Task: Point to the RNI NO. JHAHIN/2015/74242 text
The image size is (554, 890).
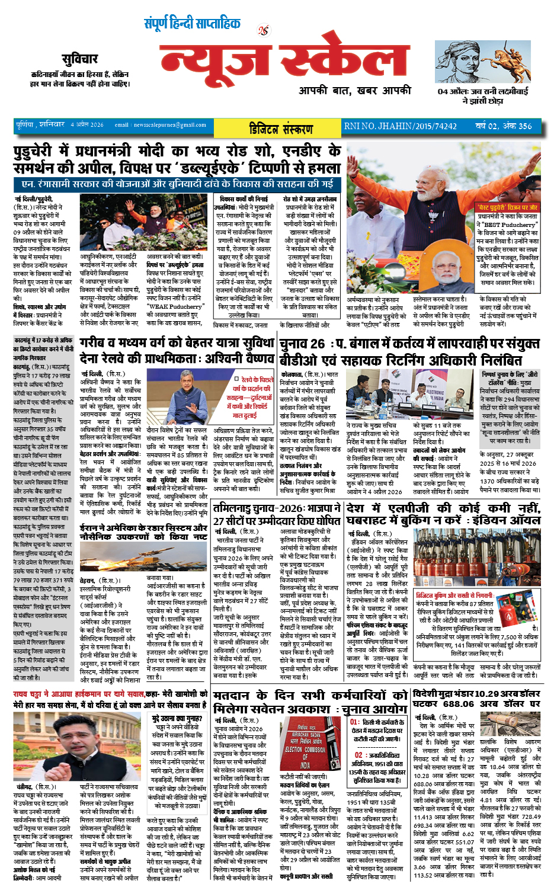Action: (401, 126)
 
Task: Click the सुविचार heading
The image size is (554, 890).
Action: (79, 59)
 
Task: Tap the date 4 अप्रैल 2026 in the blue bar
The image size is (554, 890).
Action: (87, 125)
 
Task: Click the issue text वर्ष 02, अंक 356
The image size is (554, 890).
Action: (504, 126)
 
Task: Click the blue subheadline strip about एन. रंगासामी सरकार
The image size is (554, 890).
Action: (177, 184)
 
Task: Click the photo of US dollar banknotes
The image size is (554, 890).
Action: (510, 723)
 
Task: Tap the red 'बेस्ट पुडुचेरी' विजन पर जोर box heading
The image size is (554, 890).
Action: (508, 207)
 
